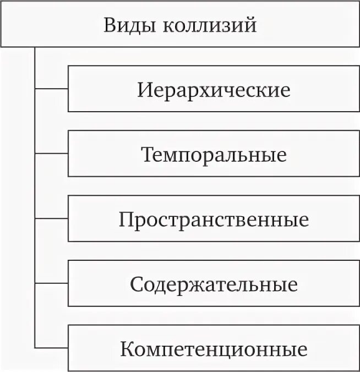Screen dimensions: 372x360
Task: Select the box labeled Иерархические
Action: pyautogui.click(x=214, y=89)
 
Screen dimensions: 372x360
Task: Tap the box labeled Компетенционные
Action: pyautogui.click(x=214, y=348)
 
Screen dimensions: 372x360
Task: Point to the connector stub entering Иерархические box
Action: pyautogui.click(x=52, y=89)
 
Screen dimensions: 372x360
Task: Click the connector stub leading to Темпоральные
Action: pyautogui.click(x=52, y=153)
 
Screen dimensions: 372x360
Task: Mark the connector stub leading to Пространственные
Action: pyautogui.click(x=52, y=218)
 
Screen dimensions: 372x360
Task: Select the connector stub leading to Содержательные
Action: pyautogui.click(x=52, y=283)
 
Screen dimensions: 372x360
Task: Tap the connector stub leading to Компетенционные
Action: pyautogui.click(x=52, y=347)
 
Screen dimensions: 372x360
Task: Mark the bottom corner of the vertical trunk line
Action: pyautogui.click(x=35, y=347)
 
